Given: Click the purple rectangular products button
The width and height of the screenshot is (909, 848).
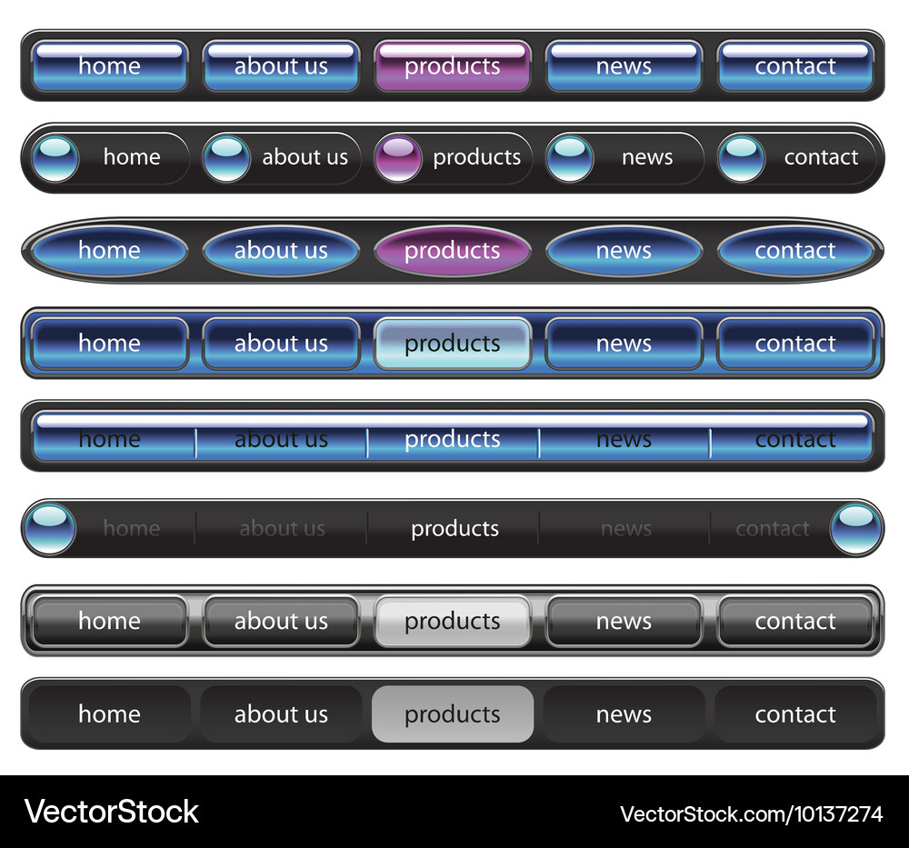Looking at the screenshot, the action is (x=452, y=65).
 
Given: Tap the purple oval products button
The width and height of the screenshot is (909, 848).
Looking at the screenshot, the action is (x=452, y=250).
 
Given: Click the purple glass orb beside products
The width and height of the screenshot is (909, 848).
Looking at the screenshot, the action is (x=398, y=157).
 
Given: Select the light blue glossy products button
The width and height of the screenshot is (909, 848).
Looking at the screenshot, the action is (x=452, y=344).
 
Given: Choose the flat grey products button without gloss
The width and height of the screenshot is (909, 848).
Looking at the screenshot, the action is (x=452, y=714).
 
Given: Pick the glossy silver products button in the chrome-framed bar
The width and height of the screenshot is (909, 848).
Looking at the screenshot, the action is (x=452, y=621).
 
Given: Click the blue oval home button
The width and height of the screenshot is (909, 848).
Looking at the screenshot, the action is (x=110, y=250).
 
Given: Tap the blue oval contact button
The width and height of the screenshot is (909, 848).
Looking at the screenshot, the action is (x=795, y=250).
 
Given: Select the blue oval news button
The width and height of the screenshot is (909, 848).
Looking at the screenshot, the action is (x=624, y=250).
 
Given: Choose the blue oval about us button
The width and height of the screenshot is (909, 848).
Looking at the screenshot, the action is (x=281, y=250).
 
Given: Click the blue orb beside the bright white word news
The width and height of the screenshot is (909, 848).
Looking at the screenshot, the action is (x=570, y=157).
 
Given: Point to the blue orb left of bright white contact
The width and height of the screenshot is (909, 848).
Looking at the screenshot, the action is (x=742, y=157).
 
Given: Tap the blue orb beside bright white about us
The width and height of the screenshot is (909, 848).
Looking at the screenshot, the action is (x=226, y=157).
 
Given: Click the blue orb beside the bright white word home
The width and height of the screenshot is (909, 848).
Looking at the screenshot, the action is (x=55, y=157).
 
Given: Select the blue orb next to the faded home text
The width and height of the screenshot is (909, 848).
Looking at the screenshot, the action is (x=50, y=529).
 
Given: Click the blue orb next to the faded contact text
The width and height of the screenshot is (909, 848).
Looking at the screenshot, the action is (x=855, y=529).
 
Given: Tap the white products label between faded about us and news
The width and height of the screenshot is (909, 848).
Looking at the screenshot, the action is (x=455, y=529).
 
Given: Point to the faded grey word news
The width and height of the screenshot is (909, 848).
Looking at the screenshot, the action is (x=626, y=529).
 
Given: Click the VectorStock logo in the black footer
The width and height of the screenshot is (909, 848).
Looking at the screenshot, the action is (x=111, y=812).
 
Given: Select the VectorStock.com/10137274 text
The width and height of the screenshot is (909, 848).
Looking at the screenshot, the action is (x=752, y=814).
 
